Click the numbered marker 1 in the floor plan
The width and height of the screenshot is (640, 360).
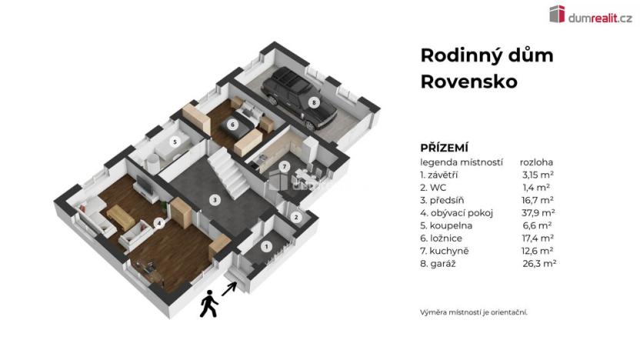267,247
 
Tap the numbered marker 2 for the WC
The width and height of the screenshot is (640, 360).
296,218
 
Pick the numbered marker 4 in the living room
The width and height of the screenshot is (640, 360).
158,224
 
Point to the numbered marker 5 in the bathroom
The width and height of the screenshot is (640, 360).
175,142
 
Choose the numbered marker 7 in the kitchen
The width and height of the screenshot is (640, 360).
284,166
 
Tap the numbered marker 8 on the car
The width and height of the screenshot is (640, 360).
313,102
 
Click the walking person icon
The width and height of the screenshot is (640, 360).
208,305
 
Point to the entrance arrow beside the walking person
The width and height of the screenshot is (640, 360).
230,289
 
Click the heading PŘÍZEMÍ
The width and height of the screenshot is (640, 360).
445,147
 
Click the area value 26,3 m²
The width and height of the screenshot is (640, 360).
538,262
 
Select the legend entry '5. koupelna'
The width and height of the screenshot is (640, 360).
447,225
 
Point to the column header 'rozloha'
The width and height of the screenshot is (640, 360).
537,162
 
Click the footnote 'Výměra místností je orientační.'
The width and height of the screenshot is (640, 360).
473,312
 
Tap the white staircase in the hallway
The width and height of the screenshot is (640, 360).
228,171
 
